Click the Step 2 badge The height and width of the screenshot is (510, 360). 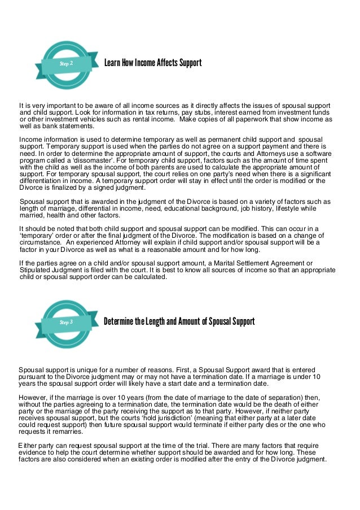[66, 64]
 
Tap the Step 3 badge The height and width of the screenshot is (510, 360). [66, 322]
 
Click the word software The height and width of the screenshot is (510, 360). [316, 153]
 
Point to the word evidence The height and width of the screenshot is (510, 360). [33, 452]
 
